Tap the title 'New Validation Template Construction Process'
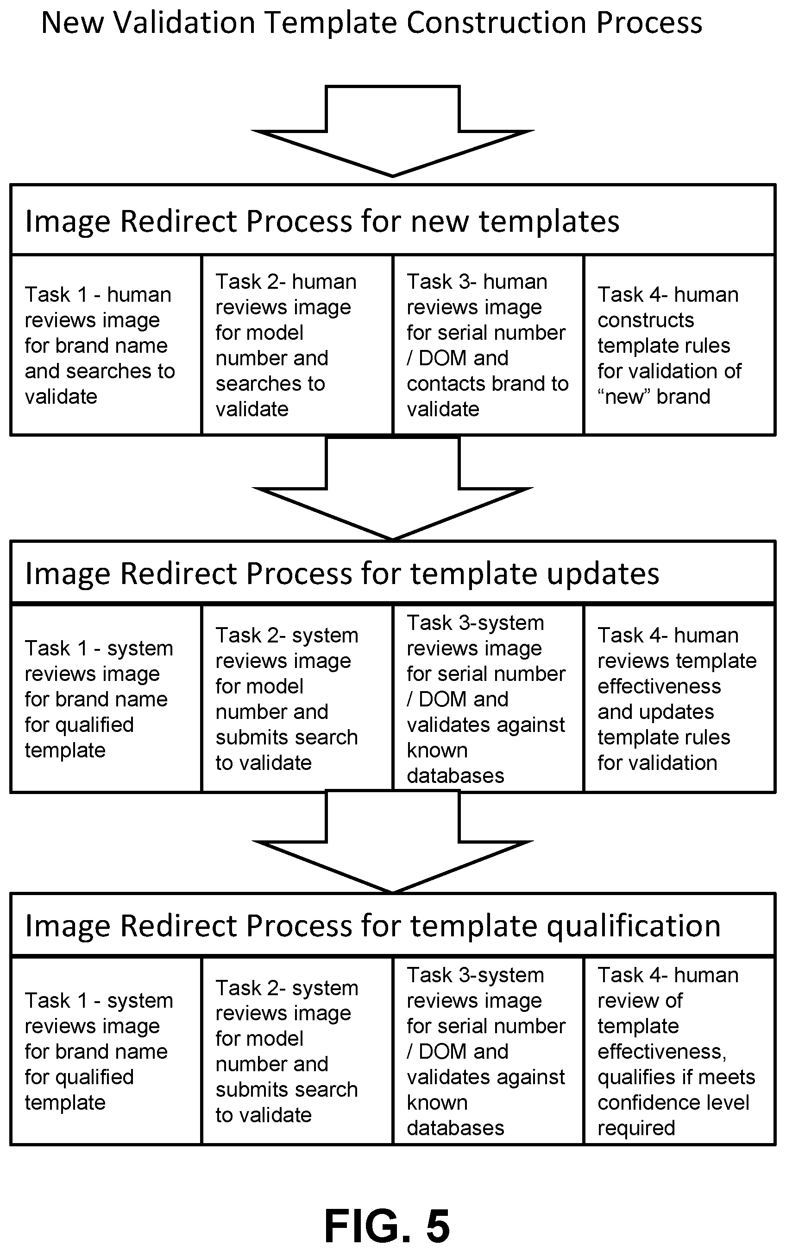click(371, 23)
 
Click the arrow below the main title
click(393, 131)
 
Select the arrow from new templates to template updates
click(393, 488)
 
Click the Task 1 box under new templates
click(106, 345)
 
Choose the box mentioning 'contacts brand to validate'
click(488, 345)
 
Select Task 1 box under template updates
click(106, 698)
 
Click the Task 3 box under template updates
click(488, 698)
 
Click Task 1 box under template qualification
click(106, 1050)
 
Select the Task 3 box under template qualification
click(488, 1050)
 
